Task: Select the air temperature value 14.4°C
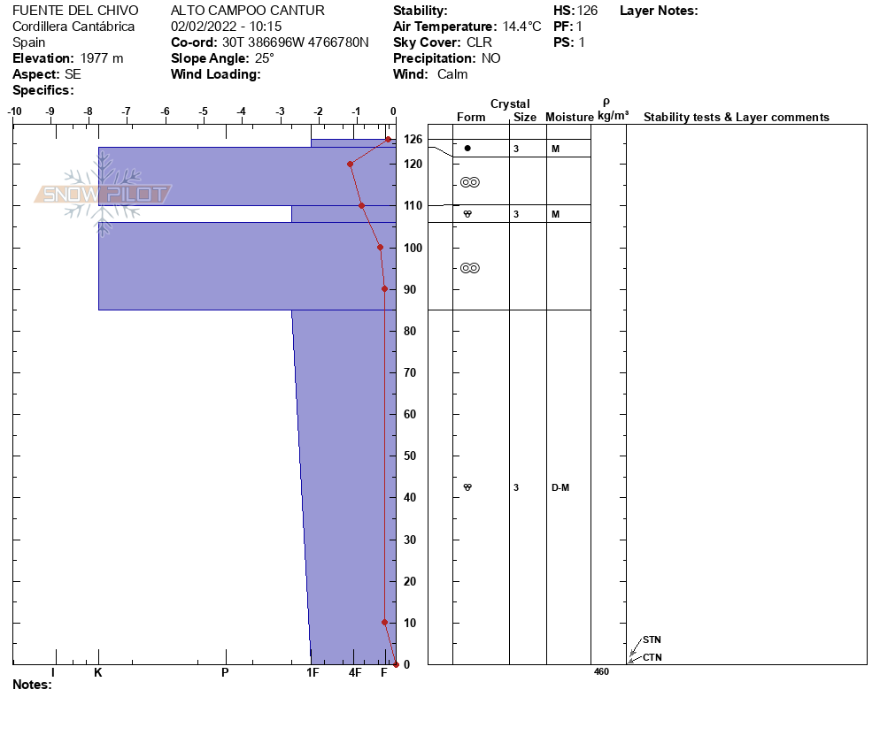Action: click(x=522, y=27)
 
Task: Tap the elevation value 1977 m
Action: click(x=102, y=58)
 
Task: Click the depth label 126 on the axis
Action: click(x=413, y=139)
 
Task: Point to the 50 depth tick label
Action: click(x=410, y=456)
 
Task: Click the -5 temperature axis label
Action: click(x=203, y=111)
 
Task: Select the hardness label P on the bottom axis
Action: click(x=225, y=672)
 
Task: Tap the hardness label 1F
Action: click(x=313, y=672)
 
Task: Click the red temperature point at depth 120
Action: click(x=351, y=165)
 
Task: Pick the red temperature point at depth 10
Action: click(x=384, y=623)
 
